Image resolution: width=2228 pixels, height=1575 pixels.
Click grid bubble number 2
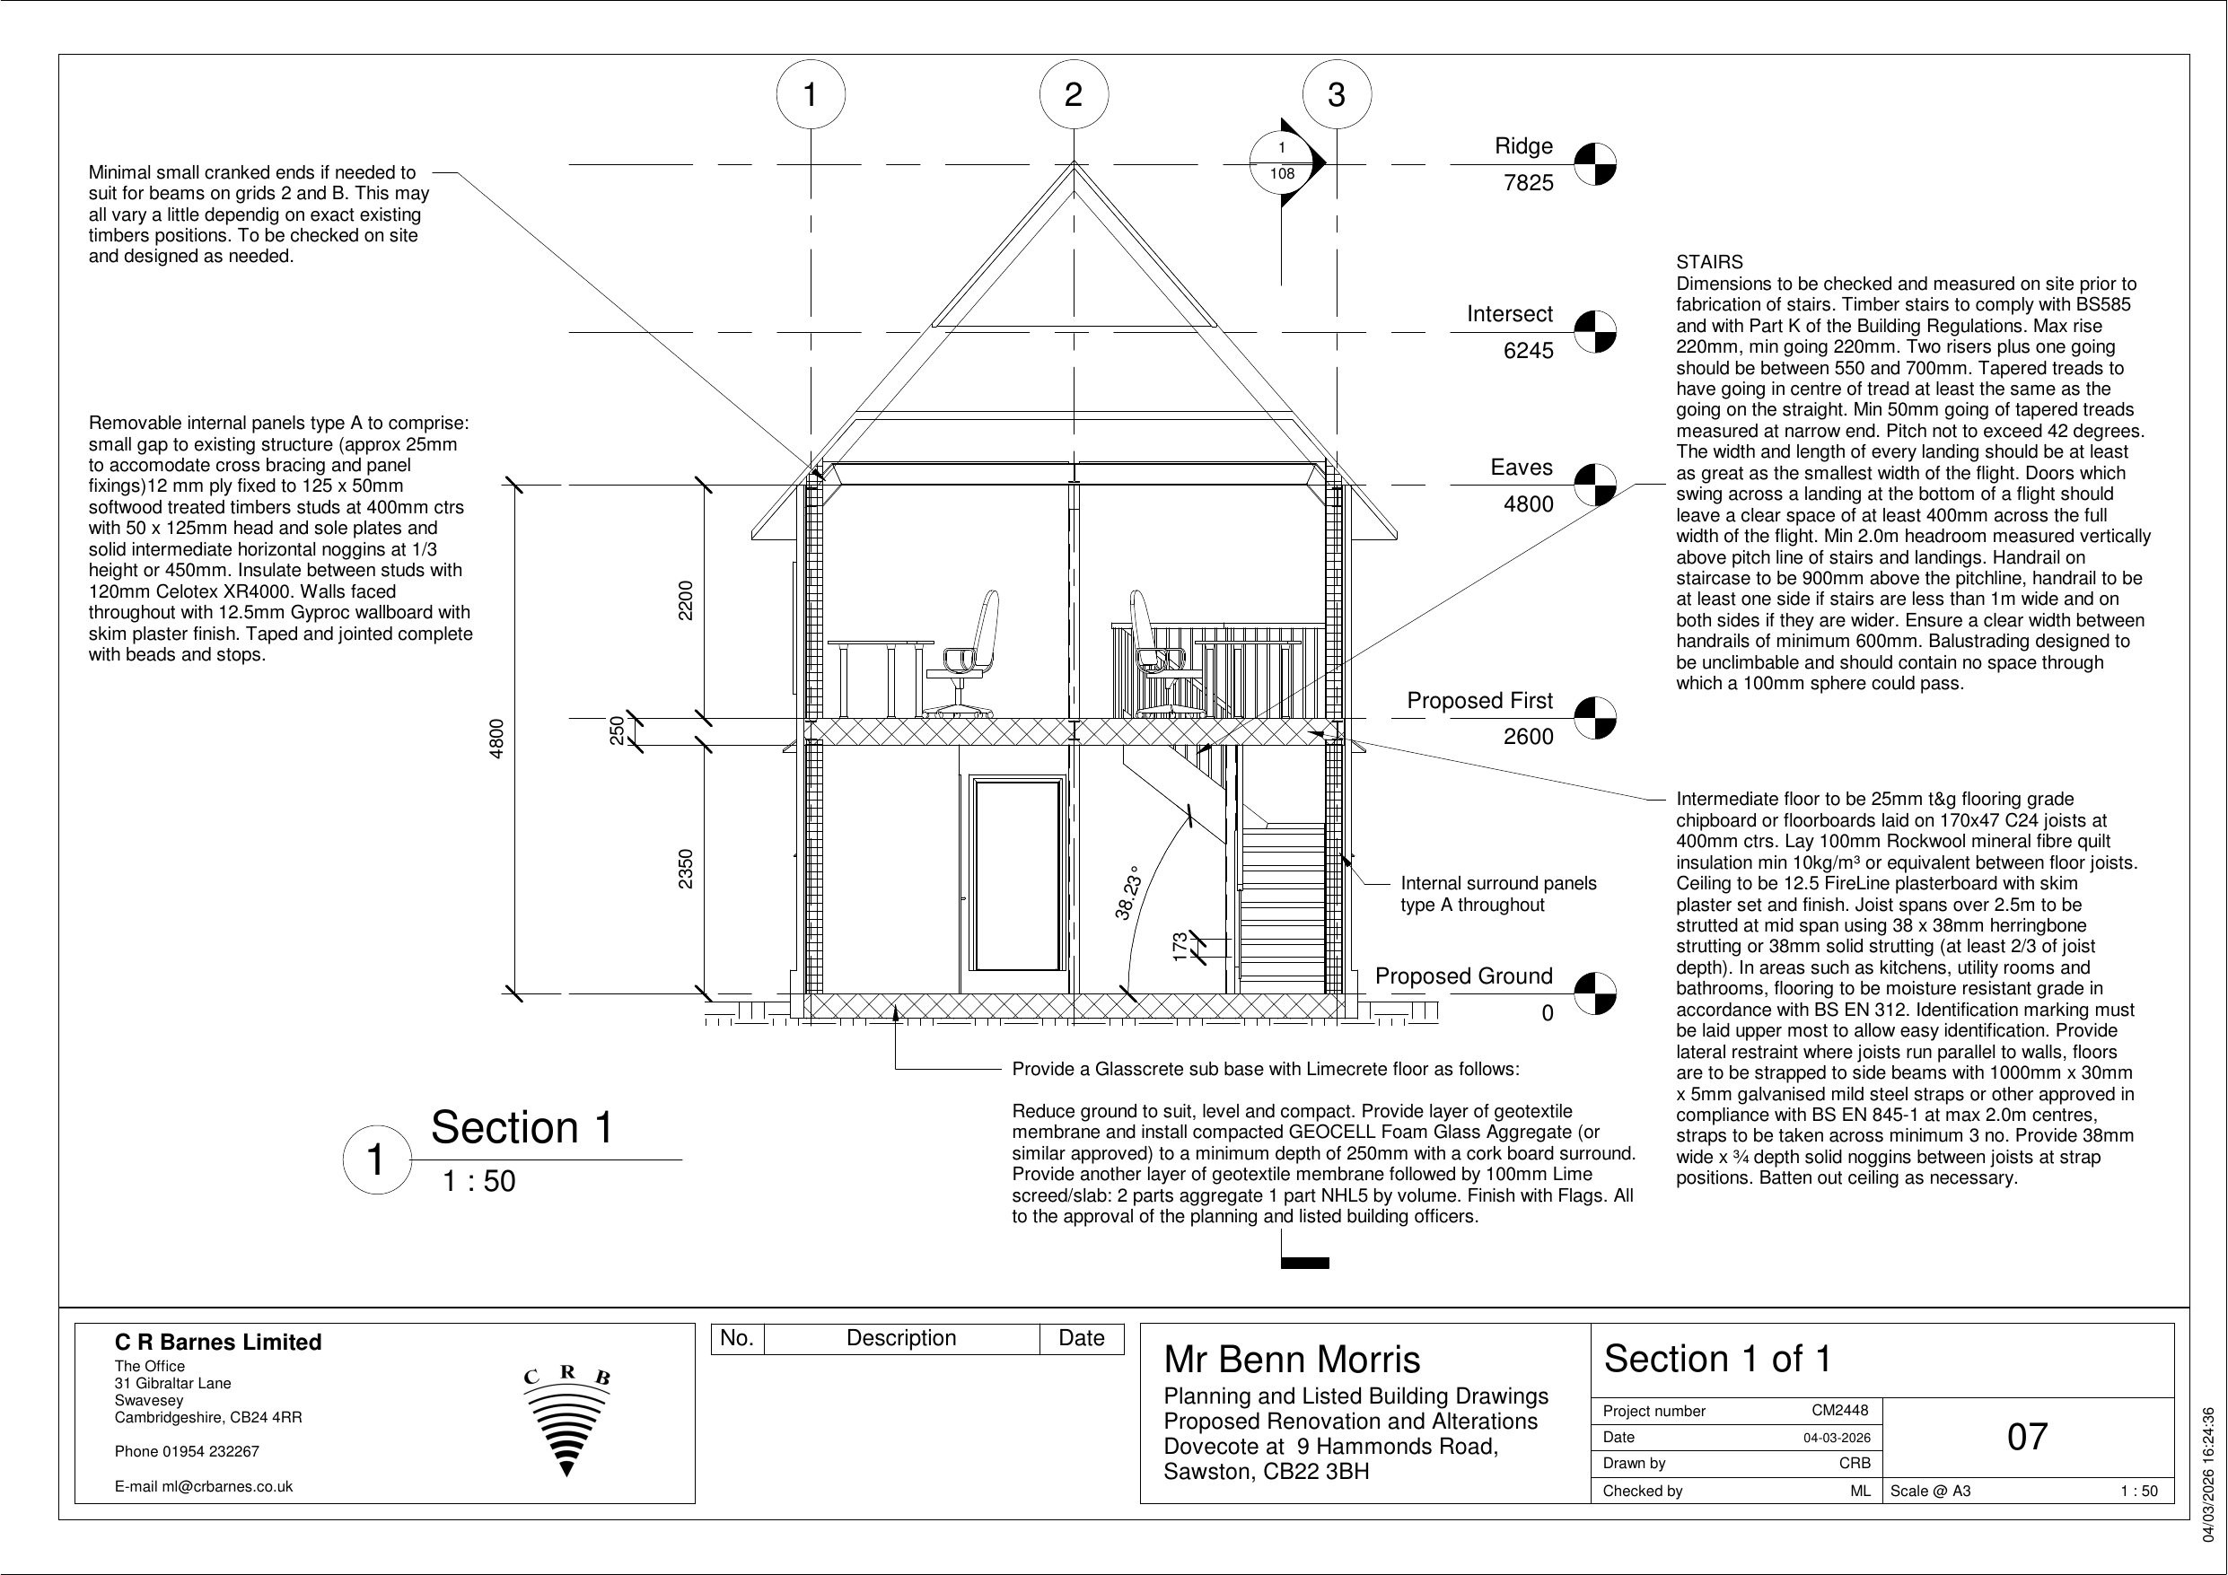click(1074, 95)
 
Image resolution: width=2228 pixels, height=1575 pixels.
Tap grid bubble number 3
click(1337, 95)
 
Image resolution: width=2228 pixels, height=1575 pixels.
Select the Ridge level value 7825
click(1528, 182)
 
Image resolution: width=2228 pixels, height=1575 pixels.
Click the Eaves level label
click(1521, 468)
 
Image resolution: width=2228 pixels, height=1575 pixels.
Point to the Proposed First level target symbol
click(1594, 718)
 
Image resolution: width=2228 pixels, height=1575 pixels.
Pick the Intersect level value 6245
click(1528, 351)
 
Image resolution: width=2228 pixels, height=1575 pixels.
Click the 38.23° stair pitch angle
click(1127, 893)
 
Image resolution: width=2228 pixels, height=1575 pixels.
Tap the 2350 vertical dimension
click(686, 869)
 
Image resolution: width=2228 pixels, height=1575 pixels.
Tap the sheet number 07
click(2026, 1437)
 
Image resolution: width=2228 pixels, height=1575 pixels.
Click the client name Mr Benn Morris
click(1292, 1360)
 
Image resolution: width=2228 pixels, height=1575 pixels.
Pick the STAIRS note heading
click(1709, 262)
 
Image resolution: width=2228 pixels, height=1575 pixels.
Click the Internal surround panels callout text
click(1497, 894)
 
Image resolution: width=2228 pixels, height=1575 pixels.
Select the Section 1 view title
click(522, 1128)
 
